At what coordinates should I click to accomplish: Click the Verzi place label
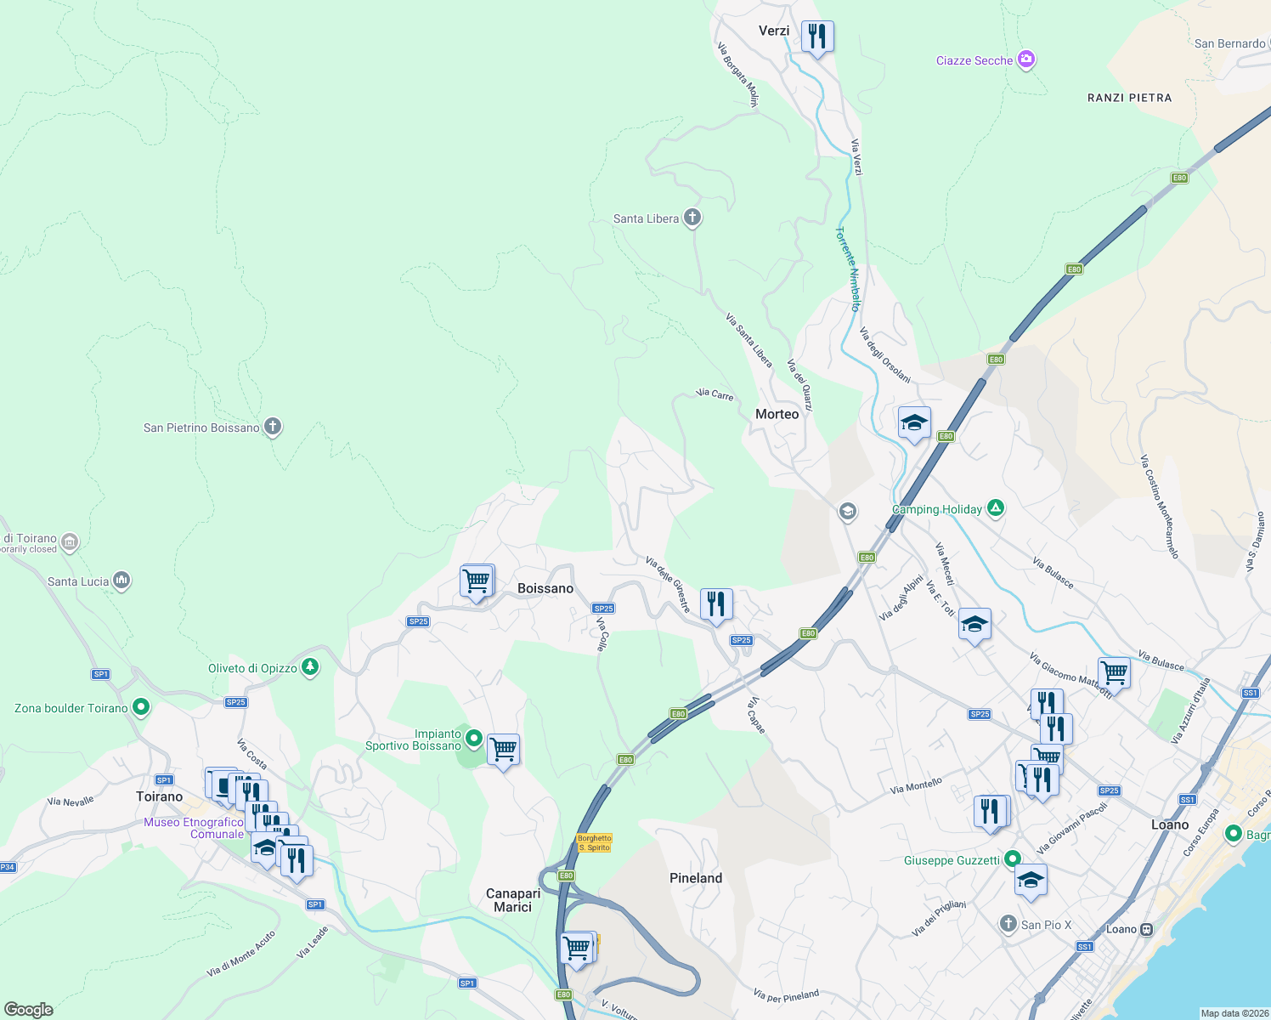coord(773,31)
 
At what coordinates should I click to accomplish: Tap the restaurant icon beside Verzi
coord(816,37)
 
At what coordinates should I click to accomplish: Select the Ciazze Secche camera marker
coord(1026,59)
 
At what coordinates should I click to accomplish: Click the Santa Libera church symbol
coord(692,218)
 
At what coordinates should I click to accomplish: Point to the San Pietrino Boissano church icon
coord(273,427)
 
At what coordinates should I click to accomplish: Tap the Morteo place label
coord(777,414)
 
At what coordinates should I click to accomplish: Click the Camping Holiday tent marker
coord(996,508)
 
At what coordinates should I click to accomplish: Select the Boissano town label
coord(545,588)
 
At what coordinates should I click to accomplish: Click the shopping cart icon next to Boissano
coord(477,581)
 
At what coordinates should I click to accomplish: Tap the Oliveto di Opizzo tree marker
coord(310,667)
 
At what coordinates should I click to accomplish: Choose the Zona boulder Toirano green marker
coord(141,707)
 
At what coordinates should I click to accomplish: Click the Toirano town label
coord(160,796)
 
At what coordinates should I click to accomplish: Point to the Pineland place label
coord(696,878)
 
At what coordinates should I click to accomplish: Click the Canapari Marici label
coord(513,900)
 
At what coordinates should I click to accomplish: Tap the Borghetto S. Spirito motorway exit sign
coord(595,842)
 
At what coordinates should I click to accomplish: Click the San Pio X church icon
coord(1008,924)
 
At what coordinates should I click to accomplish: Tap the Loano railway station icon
coord(1146,929)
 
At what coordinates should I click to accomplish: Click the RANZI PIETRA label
coord(1129,98)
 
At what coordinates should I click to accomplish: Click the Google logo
coord(28,1010)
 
